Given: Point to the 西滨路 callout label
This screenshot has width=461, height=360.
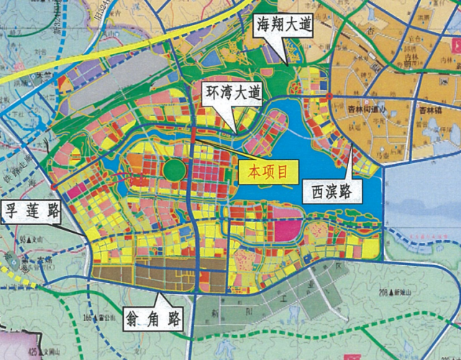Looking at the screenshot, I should pyautogui.click(x=331, y=191).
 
